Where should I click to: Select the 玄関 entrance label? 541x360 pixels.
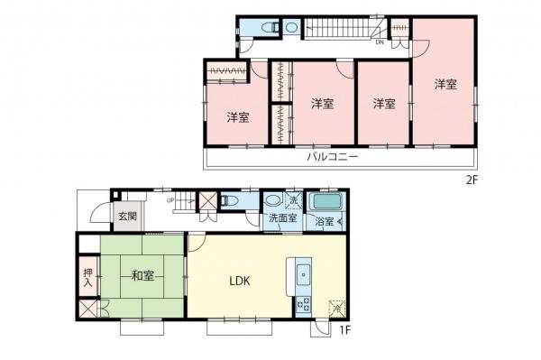pos(126,217)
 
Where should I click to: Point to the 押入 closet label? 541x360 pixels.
pos(88,277)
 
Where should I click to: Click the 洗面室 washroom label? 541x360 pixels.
pos(280,219)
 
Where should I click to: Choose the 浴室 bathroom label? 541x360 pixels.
pos(324,221)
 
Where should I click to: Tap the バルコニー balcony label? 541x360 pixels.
pos(333,156)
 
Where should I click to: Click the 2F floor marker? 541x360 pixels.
pos(470,179)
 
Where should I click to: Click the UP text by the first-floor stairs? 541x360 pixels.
pos(170,200)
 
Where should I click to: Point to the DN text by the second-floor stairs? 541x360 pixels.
pos(380,42)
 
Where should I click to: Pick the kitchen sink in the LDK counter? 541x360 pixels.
pos(301,273)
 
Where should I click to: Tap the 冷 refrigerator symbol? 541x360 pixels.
pos(335,308)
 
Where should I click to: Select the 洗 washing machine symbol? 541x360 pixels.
pos(294,199)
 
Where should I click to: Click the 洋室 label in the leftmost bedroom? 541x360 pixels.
pos(238,117)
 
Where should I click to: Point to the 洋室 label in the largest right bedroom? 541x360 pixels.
pos(445,85)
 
